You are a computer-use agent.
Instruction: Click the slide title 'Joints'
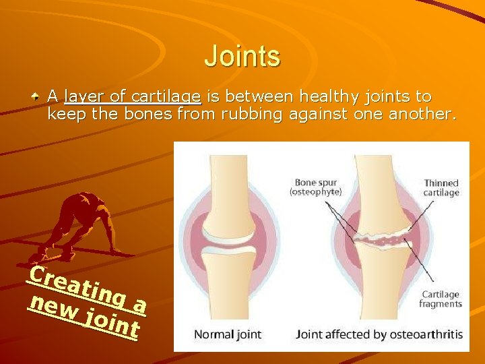tap(242, 56)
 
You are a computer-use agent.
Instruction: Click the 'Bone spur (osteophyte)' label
tap(316, 187)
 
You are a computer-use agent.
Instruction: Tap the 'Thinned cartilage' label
tap(441, 187)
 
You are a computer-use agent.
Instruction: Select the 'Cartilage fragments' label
tap(440, 299)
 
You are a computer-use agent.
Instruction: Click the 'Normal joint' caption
tap(227, 334)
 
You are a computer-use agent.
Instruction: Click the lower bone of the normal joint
tap(232, 283)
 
